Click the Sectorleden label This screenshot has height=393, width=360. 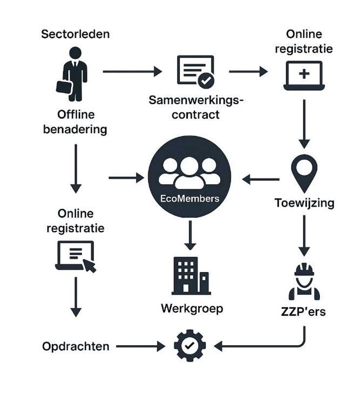pos(75,34)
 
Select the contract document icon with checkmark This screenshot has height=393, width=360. pos(195,71)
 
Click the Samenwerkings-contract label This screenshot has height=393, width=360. pos(196,108)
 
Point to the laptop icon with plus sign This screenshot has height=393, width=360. pos(304,76)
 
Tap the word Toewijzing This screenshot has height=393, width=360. pos(304,203)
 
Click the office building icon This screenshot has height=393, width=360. pos(191,276)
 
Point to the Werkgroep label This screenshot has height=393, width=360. pos(192,308)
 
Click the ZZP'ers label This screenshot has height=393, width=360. pos(304,311)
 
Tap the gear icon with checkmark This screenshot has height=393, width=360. pos(190,345)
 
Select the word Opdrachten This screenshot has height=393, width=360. pos(75,347)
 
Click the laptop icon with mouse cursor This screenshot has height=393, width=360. pos(75,257)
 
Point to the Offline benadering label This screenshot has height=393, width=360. pos(75,122)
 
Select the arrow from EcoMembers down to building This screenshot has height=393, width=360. pos(191,235)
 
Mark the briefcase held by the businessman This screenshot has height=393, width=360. pos(64,86)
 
